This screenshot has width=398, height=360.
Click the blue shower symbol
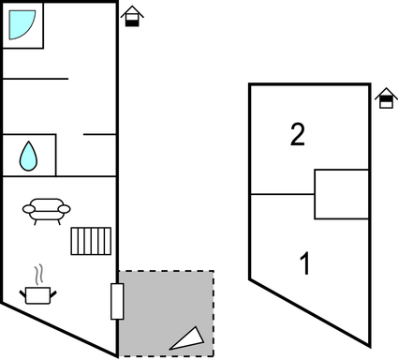point(22,24)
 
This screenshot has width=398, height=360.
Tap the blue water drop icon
point(29,156)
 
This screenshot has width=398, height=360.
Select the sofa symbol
point(46,210)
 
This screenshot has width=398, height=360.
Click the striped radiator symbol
point(91,240)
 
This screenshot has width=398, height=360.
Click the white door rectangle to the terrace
point(117,301)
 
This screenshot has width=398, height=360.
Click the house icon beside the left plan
point(133,17)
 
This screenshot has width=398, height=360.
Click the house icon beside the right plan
point(385,97)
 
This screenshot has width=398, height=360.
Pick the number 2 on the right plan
point(297,135)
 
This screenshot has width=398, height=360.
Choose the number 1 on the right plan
point(303,263)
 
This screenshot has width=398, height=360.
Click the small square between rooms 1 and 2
point(341,194)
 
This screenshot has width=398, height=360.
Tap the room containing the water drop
point(29,155)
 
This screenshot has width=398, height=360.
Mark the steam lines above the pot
point(38,275)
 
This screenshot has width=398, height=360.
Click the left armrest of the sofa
point(27,210)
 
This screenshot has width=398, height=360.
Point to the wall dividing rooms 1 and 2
point(281,195)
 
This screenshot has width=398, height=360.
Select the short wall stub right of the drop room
point(99,135)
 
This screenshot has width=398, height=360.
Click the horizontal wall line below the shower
point(36,79)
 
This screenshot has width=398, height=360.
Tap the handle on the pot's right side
point(54,294)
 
